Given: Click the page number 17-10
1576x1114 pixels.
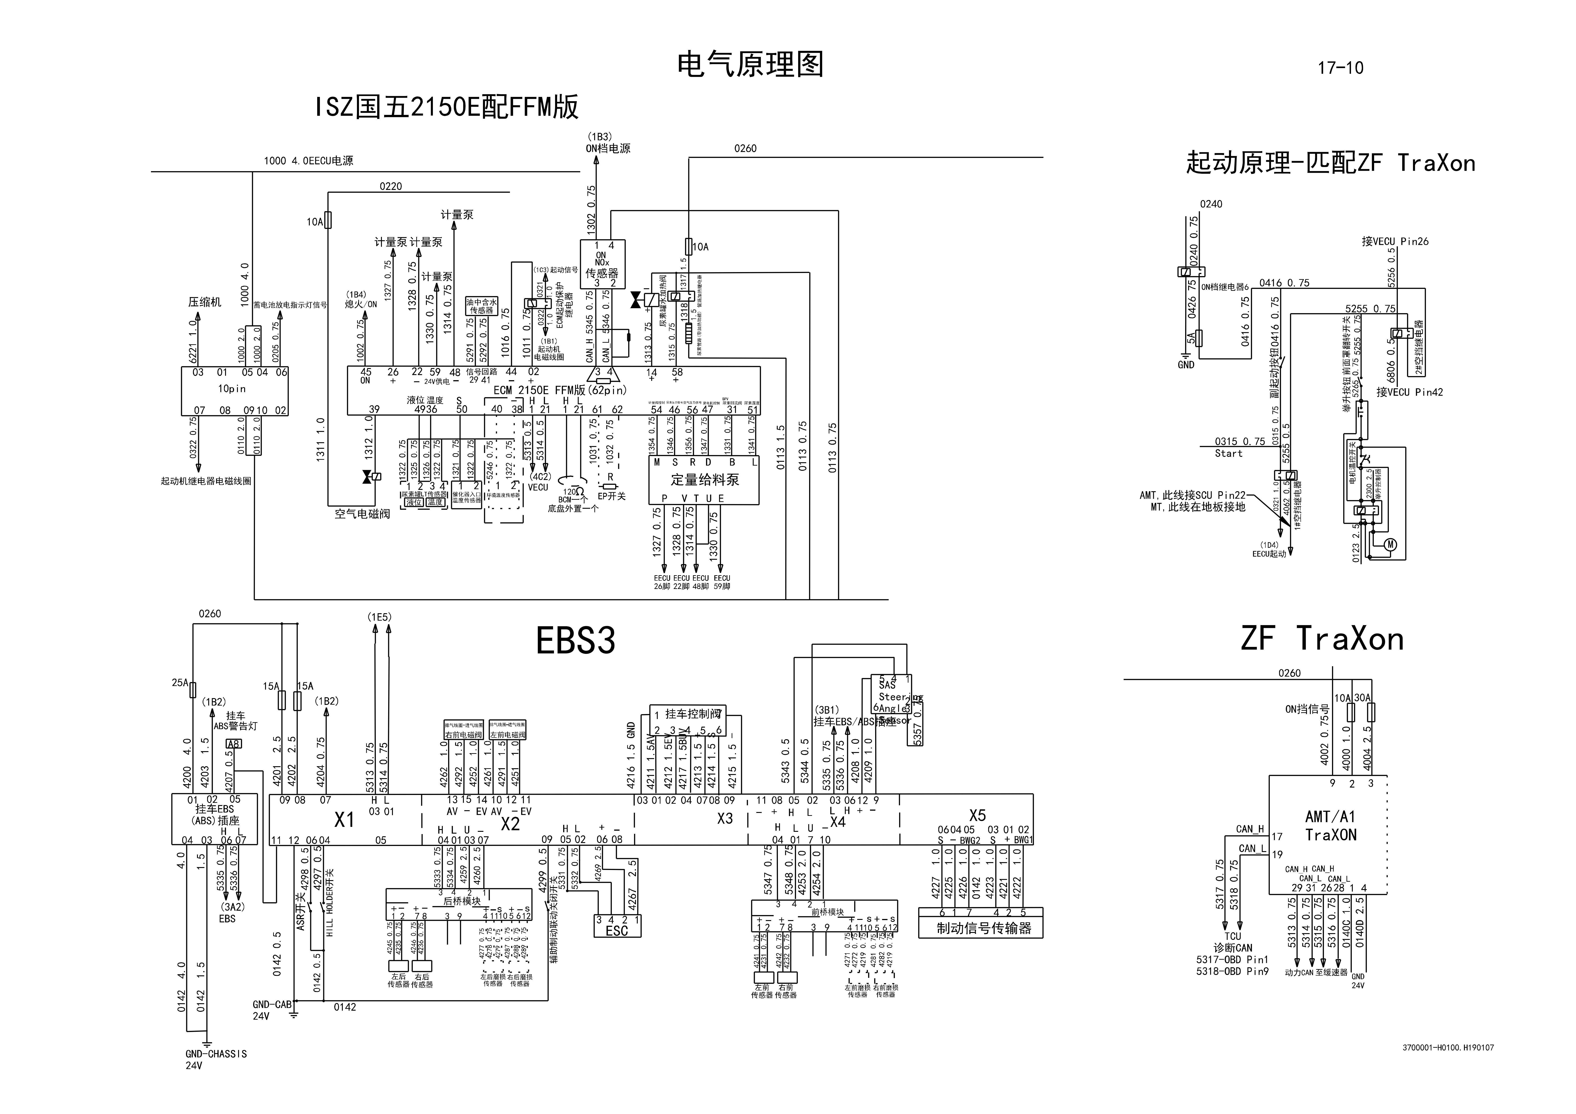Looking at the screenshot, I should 1340,68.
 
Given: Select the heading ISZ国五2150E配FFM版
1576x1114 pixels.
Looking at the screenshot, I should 447,107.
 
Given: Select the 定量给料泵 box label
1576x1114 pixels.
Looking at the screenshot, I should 705,480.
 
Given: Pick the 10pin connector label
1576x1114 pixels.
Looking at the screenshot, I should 232,388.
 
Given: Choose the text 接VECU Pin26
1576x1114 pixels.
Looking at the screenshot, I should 1395,242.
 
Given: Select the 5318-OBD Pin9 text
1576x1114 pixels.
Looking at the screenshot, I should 1232,971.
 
